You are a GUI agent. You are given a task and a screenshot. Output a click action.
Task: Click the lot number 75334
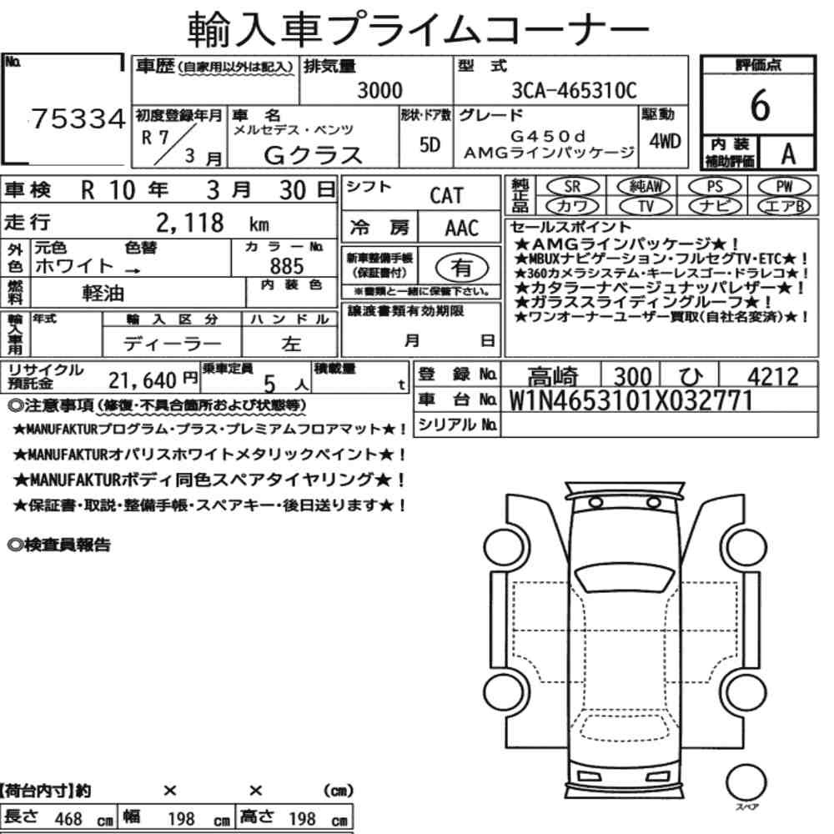coord(78,118)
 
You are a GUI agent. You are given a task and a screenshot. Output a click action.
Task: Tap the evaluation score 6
coord(760,105)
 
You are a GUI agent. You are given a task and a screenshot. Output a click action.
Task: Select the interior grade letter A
coord(788,153)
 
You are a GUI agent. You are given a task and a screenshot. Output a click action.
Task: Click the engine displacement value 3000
coord(379,90)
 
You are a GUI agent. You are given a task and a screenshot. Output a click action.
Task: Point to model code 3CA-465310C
coord(574,90)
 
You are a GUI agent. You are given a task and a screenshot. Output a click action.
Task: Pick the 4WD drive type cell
coord(665,141)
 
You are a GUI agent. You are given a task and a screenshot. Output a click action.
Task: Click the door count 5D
coord(430,144)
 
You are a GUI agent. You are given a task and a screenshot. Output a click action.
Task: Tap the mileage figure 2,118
coord(190,223)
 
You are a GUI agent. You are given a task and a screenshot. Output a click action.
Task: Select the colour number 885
coord(287,266)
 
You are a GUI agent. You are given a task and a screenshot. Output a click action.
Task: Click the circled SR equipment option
coord(573,187)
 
